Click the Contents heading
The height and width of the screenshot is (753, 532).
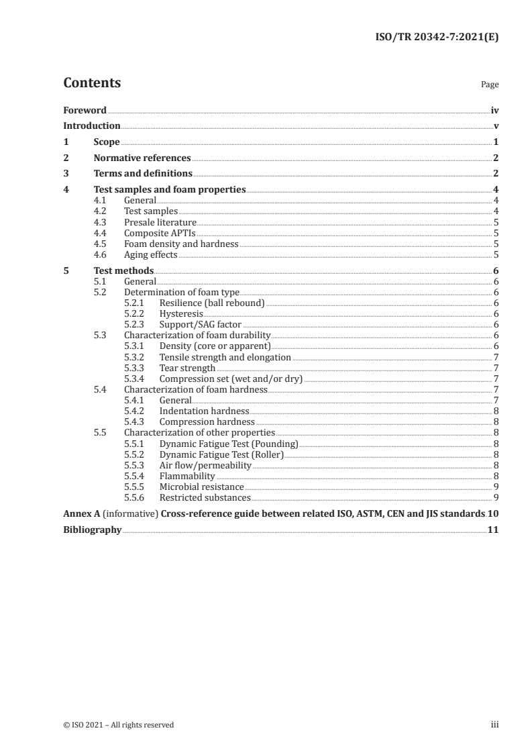(92, 83)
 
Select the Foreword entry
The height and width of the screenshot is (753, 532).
(85, 110)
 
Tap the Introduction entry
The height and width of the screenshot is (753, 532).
(91, 126)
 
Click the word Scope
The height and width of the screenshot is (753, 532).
(107, 142)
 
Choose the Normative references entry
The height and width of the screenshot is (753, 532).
(142, 158)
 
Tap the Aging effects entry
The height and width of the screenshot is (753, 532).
(151, 254)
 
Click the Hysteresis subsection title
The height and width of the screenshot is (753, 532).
(181, 313)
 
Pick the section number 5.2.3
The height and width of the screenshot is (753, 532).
(136, 324)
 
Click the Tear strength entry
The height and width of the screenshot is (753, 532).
(187, 368)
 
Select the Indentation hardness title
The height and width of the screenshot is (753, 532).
(204, 411)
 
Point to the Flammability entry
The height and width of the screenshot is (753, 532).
(187, 476)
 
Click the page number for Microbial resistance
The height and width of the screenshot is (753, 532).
(495, 487)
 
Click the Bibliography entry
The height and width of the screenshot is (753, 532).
(92, 530)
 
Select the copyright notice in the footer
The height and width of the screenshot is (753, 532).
(118, 725)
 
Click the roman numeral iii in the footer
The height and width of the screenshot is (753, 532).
(494, 725)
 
